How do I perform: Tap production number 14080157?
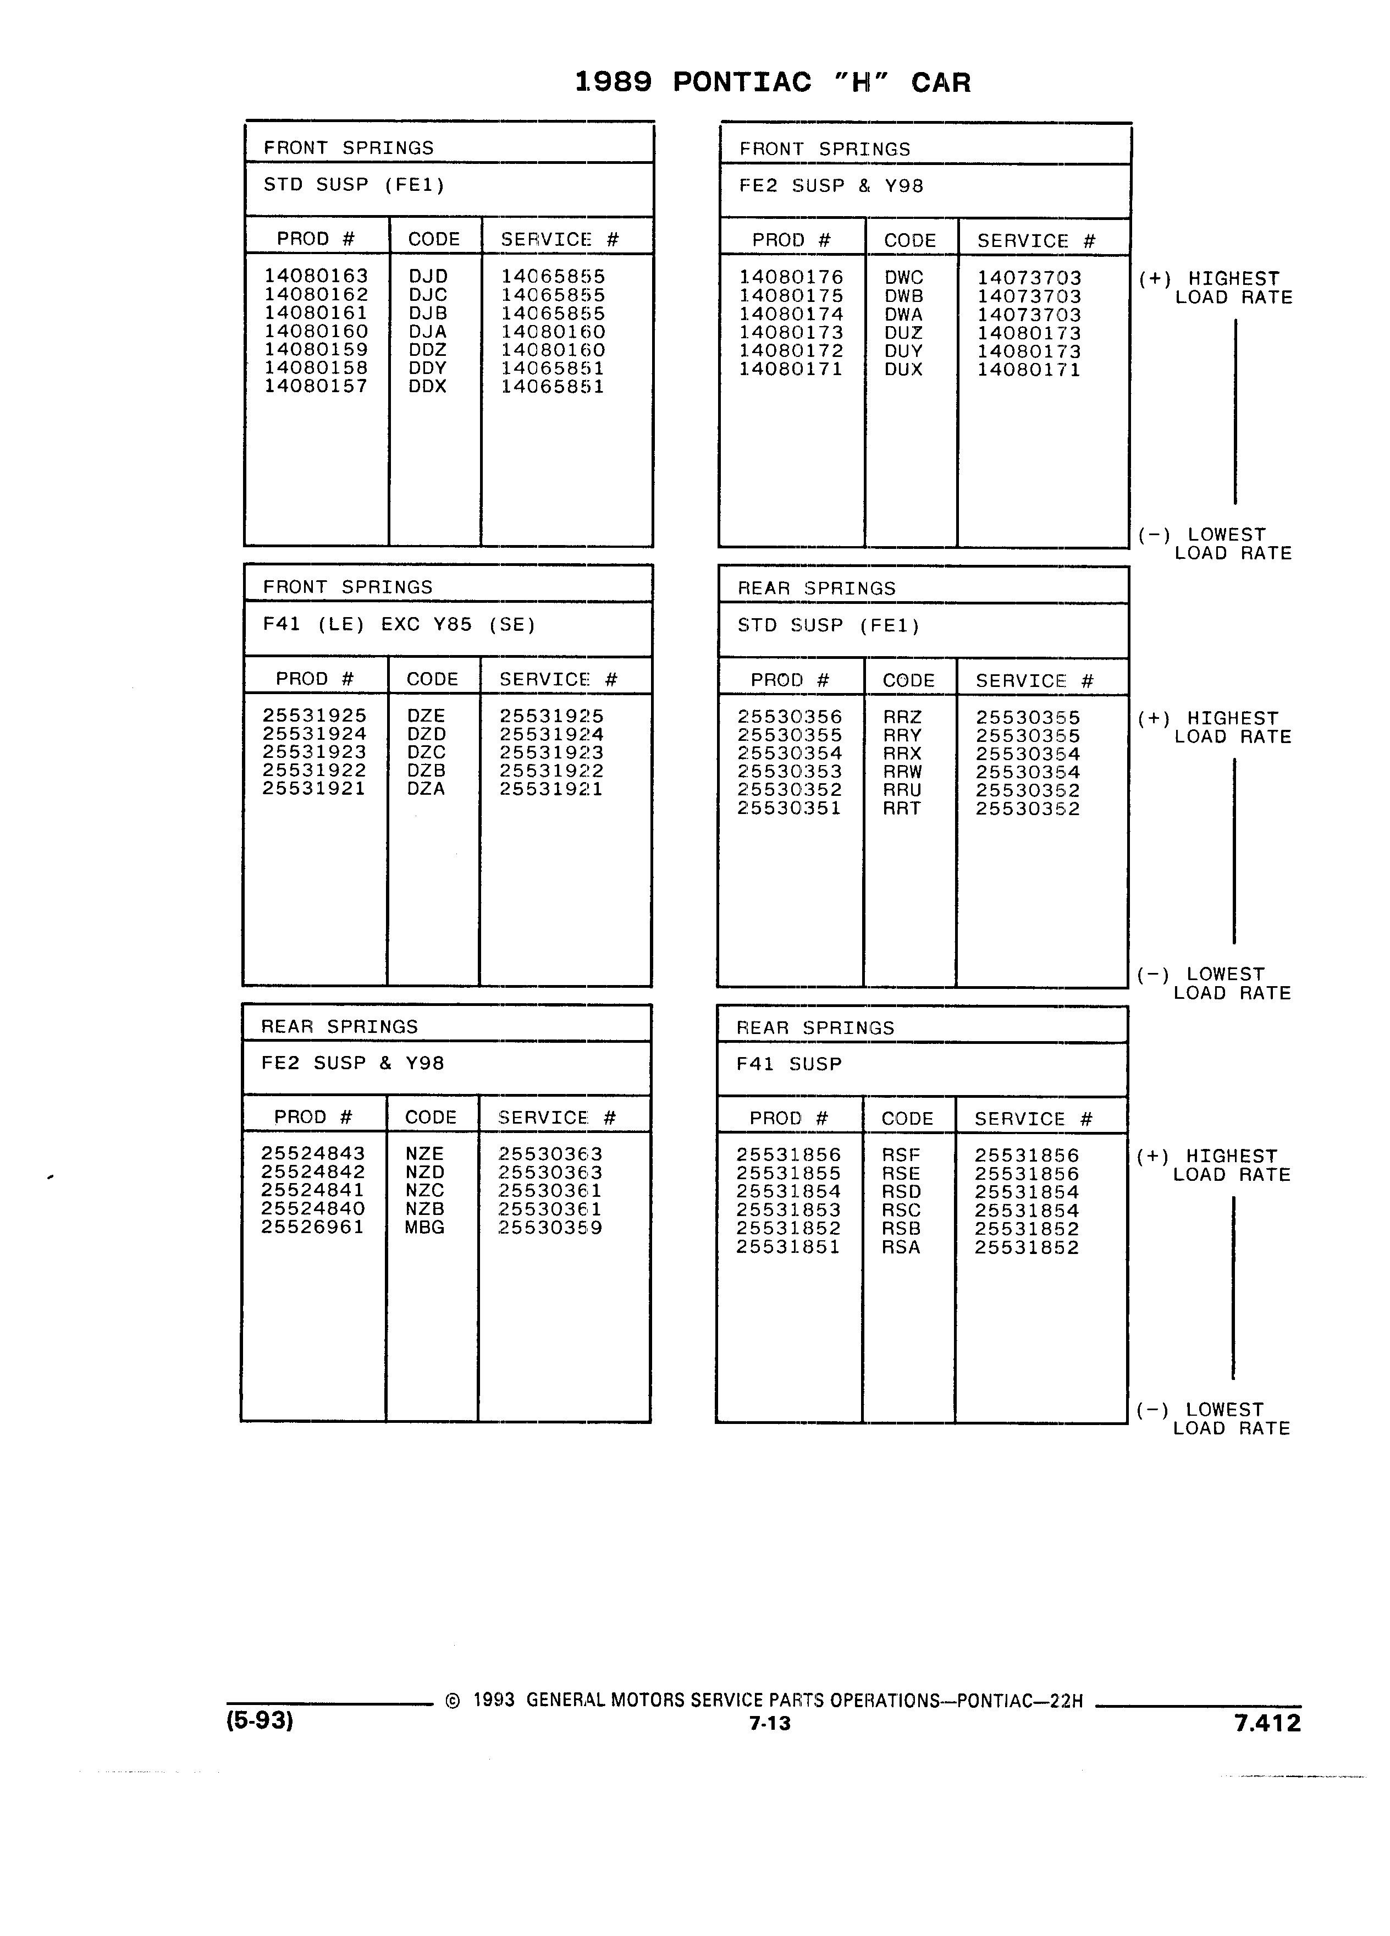316,386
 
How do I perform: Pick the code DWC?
903,278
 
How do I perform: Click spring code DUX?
903,370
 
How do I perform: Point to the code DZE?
426,716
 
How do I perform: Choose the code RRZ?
902,718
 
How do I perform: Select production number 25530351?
789,809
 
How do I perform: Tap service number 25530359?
550,1228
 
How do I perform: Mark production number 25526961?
313,1228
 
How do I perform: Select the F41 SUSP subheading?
789,1064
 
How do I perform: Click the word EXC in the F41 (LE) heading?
400,625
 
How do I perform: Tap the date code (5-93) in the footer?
260,1720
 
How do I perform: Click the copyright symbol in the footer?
452,1701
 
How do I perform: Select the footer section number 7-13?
770,1724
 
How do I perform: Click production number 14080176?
791,277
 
